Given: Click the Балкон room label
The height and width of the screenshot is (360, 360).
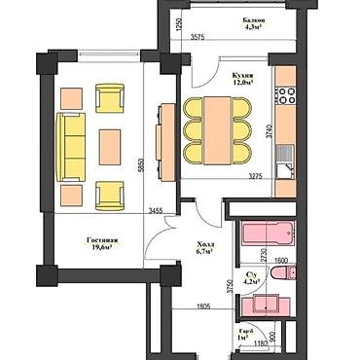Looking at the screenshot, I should [x=256, y=19].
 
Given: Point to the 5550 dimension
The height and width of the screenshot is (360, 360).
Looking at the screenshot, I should [x=142, y=165].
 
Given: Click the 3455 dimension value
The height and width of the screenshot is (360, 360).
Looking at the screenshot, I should [x=157, y=210].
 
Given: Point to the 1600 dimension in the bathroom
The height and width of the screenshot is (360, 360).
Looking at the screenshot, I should [x=278, y=261].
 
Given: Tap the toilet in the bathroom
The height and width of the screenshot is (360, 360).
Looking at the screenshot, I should [x=283, y=275].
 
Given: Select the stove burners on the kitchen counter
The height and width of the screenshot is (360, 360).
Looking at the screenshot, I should [x=288, y=96].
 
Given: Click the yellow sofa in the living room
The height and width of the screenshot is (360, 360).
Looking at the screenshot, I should [x=72, y=146].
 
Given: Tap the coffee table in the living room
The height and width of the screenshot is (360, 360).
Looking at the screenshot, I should [x=110, y=146].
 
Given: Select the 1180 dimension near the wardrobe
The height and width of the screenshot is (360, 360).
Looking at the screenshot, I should [x=260, y=344].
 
